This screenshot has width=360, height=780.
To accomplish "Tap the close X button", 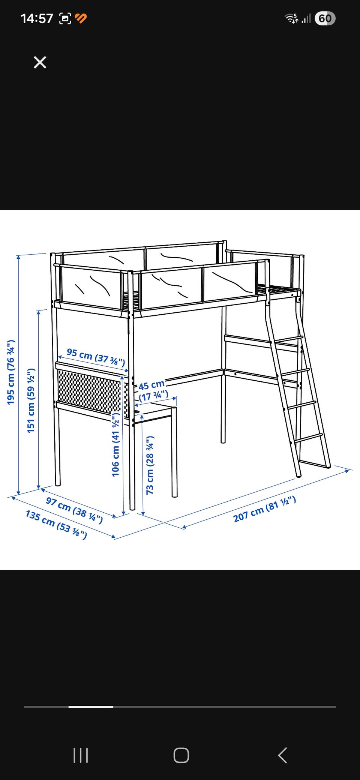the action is (40, 62).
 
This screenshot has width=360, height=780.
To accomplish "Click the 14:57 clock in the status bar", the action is (37, 18).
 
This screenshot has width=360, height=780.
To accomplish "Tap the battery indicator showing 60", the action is (325, 18).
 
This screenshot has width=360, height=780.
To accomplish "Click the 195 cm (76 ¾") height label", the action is (11, 372).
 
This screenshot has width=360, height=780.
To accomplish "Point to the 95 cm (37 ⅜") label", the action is (96, 357).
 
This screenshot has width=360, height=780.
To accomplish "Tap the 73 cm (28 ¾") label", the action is (150, 465).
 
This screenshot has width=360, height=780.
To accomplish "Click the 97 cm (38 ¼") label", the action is (74, 510).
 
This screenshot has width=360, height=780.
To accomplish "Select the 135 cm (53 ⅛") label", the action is (56, 524).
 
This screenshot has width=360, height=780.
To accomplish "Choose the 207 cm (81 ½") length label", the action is (265, 509).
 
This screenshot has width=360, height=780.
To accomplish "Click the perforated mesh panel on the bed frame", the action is (90, 392).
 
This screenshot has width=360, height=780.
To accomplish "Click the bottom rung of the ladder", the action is (308, 438).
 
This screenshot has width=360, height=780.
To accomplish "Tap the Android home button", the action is (181, 755).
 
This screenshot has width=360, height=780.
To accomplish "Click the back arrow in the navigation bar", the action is (282, 755).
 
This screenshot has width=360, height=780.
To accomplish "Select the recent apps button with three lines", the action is (81, 755).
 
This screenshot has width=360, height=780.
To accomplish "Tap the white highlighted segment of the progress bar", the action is (91, 707).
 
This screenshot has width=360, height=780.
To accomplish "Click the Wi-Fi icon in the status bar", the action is (291, 18).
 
